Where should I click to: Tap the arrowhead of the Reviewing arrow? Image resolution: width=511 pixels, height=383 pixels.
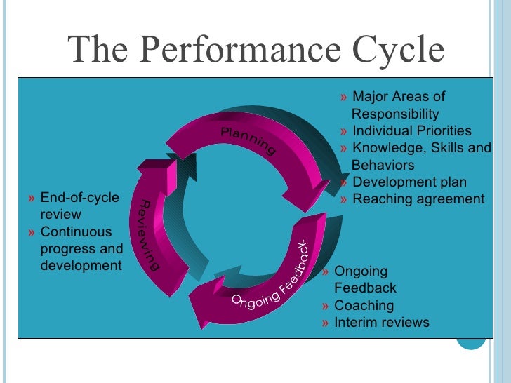point(156,166)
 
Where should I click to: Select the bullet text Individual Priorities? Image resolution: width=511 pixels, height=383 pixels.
point(411,131)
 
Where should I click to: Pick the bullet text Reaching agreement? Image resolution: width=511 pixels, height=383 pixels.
point(418,199)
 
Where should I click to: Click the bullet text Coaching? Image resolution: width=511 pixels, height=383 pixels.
point(364,306)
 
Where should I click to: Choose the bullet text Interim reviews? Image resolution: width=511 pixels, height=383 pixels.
point(381,323)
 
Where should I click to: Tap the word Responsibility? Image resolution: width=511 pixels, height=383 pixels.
point(395,114)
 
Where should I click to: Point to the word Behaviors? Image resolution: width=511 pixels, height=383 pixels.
point(383,166)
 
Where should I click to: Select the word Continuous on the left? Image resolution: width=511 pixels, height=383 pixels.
point(76,231)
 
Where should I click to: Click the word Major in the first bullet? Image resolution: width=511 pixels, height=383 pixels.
point(369,97)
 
